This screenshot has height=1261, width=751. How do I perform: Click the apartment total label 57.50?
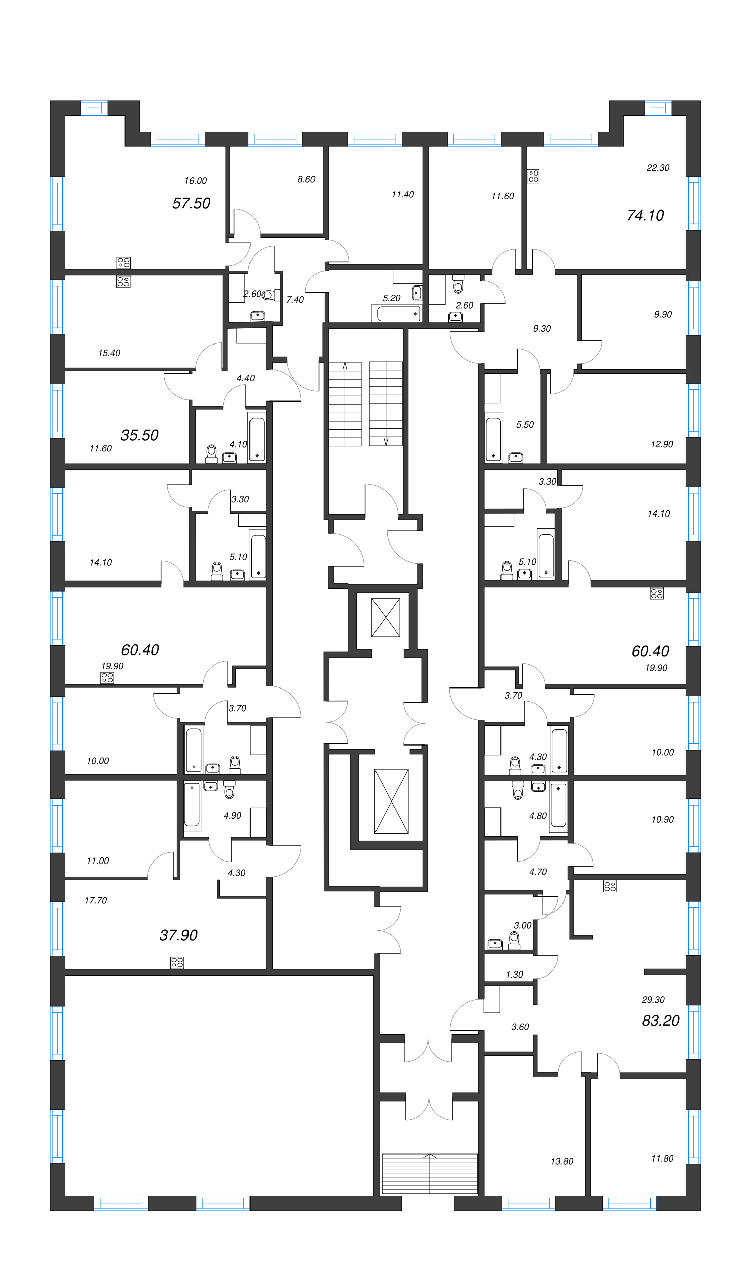(191, 203)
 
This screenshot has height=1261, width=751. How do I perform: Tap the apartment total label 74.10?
(645, 215)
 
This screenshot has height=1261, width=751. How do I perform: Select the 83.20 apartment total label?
(660, 1020)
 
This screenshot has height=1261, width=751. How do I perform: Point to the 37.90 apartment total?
(178, 935)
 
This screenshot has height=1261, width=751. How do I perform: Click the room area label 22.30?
(657, 167)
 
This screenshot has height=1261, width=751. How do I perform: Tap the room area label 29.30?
(653, 1000)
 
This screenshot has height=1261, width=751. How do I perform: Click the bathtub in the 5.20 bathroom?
(397, 313)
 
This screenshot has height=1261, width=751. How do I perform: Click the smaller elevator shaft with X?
(386, 617)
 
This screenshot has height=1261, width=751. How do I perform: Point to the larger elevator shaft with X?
(391, 800)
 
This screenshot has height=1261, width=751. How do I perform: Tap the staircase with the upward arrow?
(345, 404)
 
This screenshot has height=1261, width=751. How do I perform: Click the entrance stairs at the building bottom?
(429, 1173)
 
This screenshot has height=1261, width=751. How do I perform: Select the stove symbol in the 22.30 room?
(533, 176)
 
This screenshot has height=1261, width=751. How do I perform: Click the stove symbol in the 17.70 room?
(177, 963)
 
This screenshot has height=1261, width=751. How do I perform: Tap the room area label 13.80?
(561, 1161)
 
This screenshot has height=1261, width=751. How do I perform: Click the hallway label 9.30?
(541, 329)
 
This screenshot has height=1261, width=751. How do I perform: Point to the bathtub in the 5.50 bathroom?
(493, 438)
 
